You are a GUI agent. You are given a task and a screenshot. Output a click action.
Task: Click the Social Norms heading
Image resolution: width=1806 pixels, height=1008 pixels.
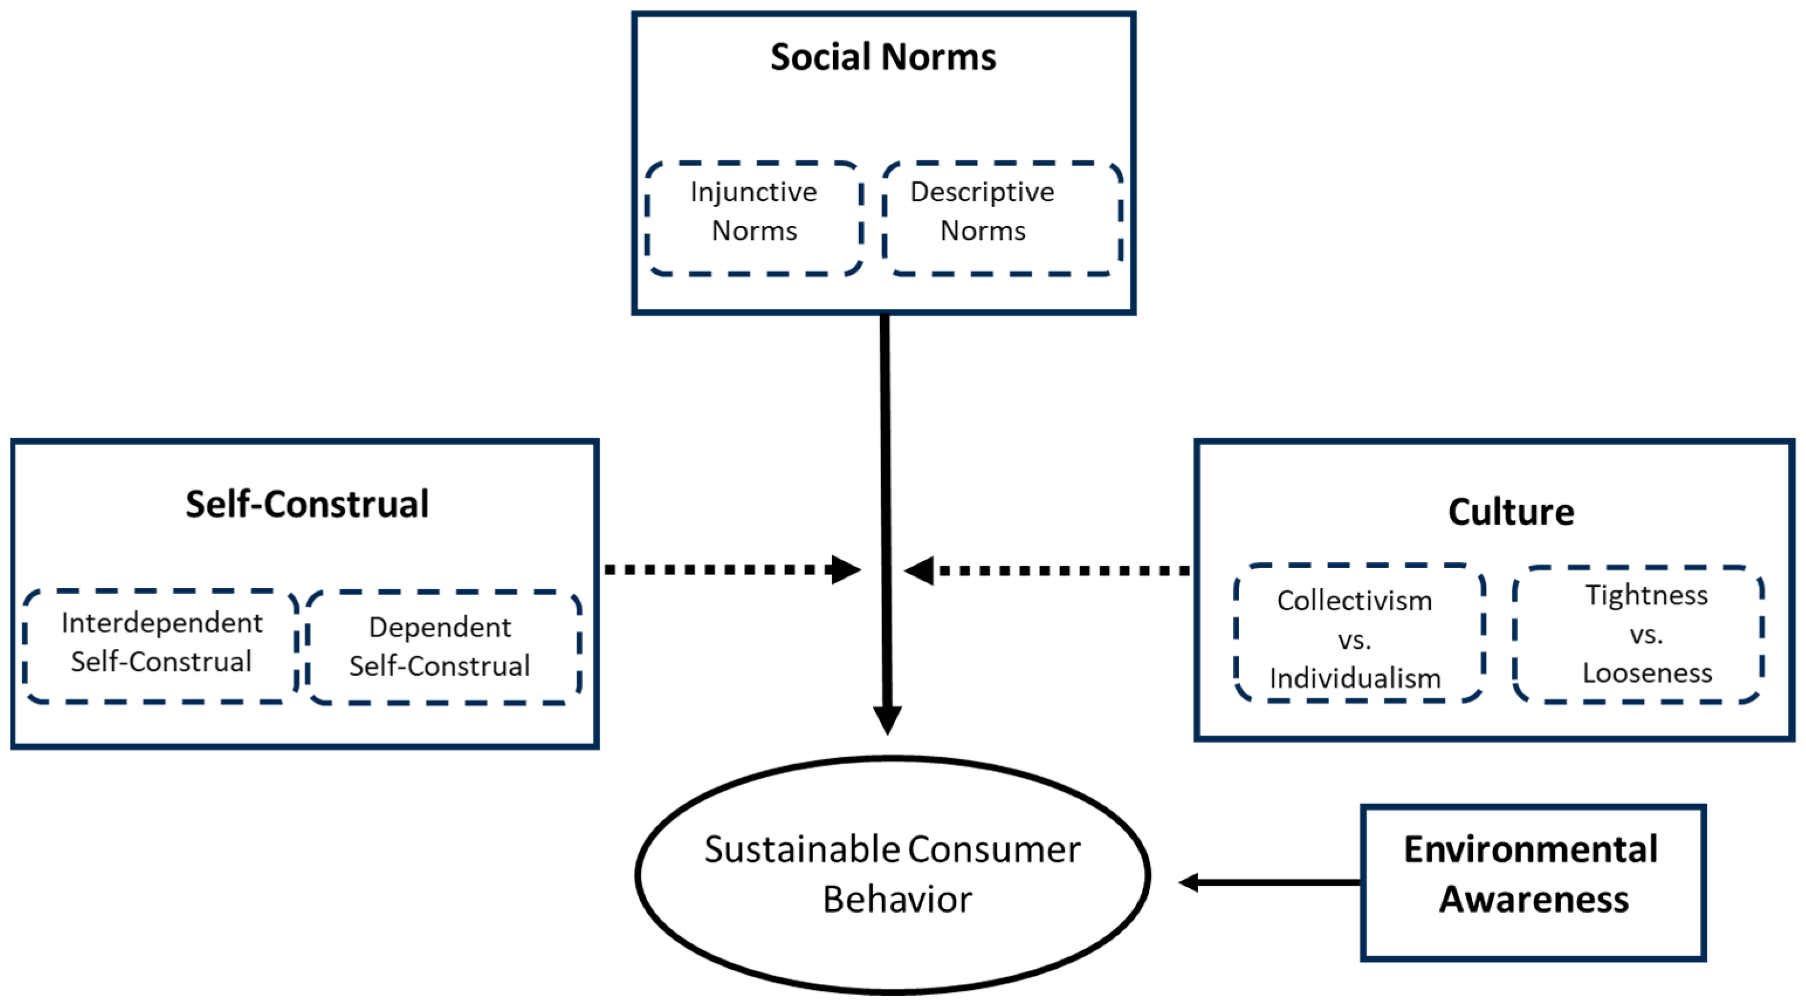click(883, 57)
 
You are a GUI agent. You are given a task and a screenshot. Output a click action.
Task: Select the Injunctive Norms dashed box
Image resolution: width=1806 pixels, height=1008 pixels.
click(754, 218)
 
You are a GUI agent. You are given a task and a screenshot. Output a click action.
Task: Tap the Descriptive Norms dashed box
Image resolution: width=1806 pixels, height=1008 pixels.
click(1003, 218)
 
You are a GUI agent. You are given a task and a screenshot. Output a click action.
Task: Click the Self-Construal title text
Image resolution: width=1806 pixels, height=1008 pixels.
click(307, 504)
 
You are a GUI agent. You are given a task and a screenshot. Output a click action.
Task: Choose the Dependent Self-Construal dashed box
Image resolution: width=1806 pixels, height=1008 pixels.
click(443, 647)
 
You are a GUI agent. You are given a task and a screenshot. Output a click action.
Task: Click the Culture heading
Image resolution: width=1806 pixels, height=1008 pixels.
click(1510, 512)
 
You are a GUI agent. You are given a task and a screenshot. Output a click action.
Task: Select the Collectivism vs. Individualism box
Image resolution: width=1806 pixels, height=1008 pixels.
click(1358, 633)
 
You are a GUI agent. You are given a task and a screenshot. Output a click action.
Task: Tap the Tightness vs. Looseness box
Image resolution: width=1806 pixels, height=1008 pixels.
click(1638, 634)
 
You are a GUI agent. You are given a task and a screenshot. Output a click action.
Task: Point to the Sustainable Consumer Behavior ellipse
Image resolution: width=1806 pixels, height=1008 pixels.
click(892, 874)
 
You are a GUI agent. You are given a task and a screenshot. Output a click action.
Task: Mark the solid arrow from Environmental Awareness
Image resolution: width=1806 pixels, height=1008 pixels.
click(1269, 882)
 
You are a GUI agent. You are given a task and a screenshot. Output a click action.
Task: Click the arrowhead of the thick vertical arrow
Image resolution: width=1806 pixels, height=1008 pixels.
click(887, 718)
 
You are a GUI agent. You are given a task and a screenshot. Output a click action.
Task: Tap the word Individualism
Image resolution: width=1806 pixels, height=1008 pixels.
click(1355, 679)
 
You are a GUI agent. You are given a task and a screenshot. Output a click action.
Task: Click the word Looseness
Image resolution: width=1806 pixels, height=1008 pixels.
click(1647, 673)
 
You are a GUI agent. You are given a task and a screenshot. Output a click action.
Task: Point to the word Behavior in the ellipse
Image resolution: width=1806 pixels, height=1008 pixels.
click(897, 899)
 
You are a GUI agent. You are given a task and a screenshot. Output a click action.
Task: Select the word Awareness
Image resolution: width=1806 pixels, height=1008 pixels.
click(1533, 899)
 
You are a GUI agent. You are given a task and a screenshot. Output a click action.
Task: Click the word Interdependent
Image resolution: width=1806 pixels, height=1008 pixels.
click(162, 622)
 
